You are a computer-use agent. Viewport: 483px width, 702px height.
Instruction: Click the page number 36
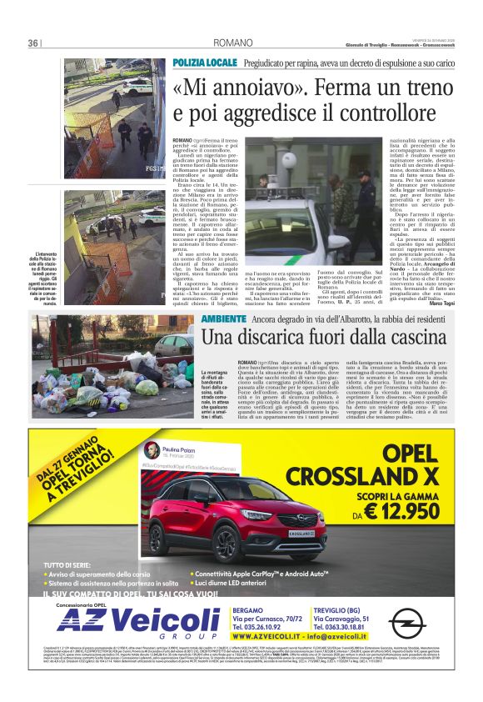click(x=34, y=43)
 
